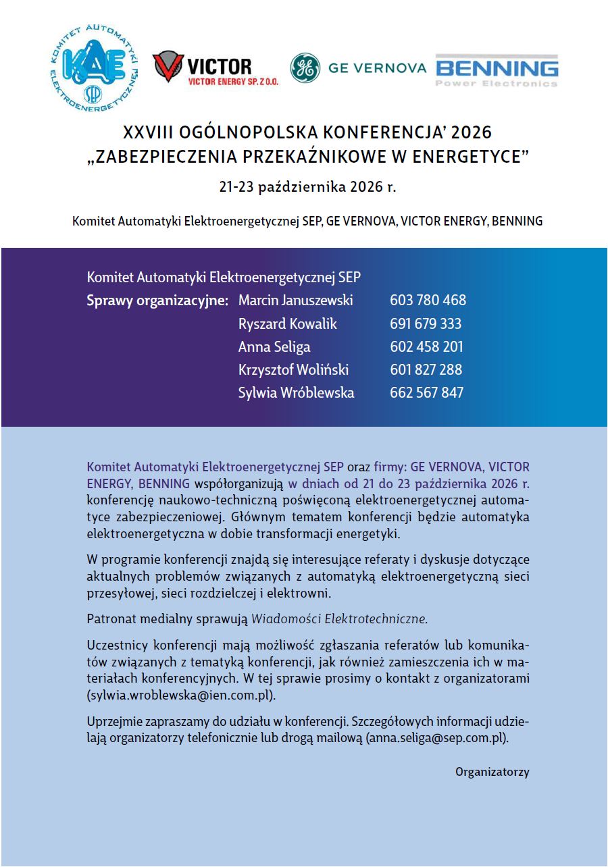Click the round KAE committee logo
tap(94, 67)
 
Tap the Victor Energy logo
tap(214, 69)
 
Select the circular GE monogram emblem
tap(305, 68)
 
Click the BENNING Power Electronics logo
tap(497, 70)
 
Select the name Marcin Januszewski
tap(295, 300)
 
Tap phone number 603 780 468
tap(428, 300)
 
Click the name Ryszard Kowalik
tap(287, 323)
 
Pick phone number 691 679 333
tap(426, 323)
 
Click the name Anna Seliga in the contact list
tap(274, 346)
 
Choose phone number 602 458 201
tap(426, 346)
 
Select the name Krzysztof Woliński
tap(293, 369)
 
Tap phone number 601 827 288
tap(426, 369)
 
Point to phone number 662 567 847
tap(426, 392)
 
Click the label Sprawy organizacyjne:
tap(157, 300)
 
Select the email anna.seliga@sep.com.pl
tap(436, 739)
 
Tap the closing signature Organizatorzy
tap(492, 772)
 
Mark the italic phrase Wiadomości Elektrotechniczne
tap(340, 618)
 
